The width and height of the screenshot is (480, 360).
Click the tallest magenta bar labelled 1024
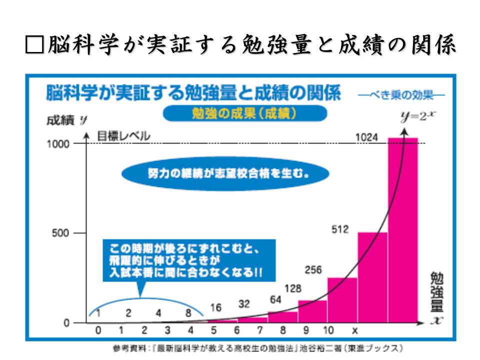[402, 230]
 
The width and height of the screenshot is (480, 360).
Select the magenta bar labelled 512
[372, 277]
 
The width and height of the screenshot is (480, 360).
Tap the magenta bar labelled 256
[342, 300]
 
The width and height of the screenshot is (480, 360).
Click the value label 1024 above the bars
[367, 136]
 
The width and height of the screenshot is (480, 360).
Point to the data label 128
[293, 288]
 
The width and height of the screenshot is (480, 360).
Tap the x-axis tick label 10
[328, 330]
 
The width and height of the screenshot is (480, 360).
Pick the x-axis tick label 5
[213, 330]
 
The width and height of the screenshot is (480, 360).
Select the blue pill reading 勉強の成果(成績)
[244, 113]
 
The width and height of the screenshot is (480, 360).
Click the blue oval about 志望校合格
[225, 175]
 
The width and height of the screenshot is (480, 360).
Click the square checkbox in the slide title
[33, 45]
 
